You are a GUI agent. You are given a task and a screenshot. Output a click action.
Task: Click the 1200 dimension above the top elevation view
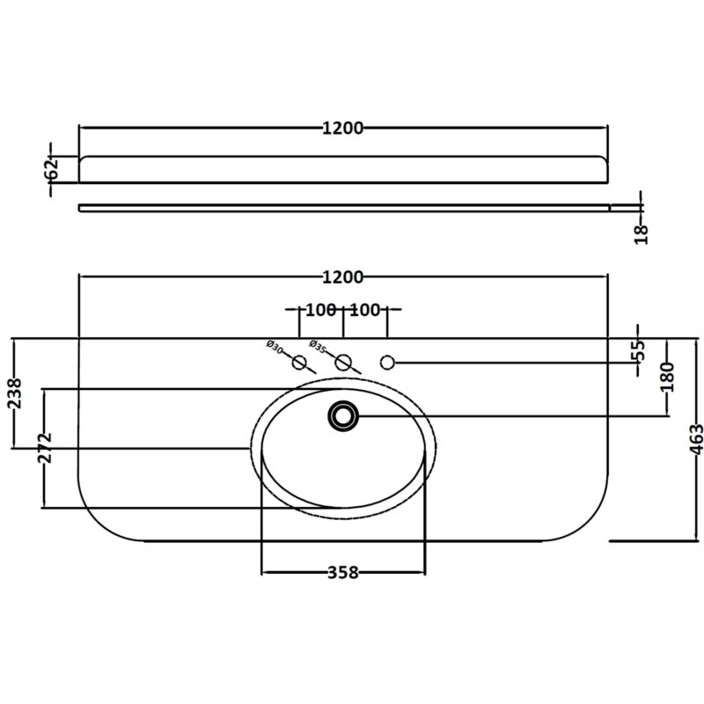[x=342, y=128]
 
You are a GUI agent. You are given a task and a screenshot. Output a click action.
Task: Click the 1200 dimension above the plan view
[x=342, y=277]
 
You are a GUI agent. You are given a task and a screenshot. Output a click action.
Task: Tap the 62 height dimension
[x=53, y=168]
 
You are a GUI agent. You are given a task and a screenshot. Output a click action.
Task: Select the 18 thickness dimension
[x=642, y=234]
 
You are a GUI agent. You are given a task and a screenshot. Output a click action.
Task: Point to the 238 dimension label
[x=15, y=392]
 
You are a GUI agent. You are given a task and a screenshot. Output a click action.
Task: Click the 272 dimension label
[x=46, y=448]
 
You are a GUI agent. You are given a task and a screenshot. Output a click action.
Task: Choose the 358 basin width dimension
[x=343, y=573]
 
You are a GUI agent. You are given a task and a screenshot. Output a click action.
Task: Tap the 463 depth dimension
[x=696, y=439]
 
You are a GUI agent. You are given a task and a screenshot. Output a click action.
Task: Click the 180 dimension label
[x=668, y=377]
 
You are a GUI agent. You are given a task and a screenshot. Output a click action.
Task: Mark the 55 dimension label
[x=639, y=350]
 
